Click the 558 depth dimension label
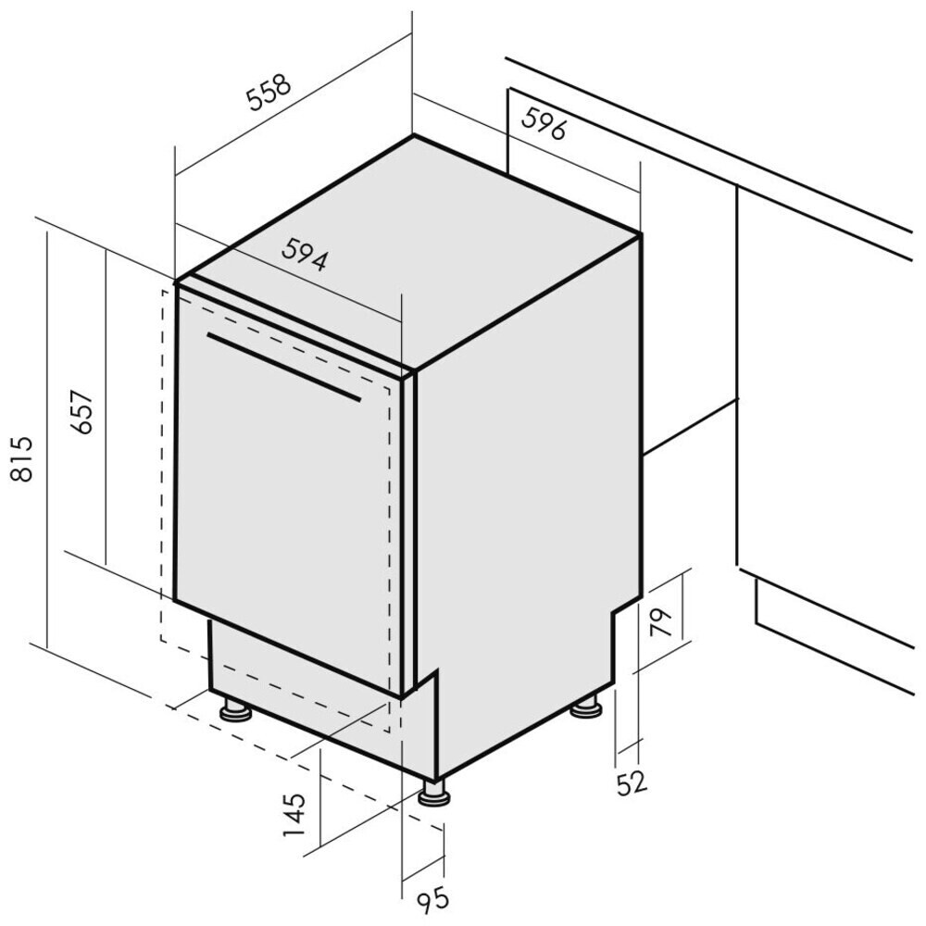[269, 93]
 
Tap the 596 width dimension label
[544, 124]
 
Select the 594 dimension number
[306, 255]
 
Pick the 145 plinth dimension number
[295, 814]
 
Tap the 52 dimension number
[631, 782]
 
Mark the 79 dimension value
[660, 619]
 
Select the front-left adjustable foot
[235, 710]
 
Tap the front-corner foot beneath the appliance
[432, 793]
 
